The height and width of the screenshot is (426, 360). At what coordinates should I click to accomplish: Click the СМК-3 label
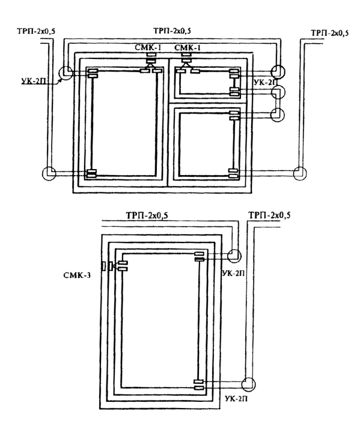click(x=77, y=275)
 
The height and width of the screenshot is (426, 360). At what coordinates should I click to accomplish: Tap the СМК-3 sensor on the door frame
click(x=107, y=266)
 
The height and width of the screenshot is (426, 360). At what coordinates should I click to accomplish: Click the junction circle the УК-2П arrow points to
click(x=66, y=73)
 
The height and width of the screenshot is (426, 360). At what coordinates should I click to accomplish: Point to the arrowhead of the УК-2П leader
click(x=61, y=79)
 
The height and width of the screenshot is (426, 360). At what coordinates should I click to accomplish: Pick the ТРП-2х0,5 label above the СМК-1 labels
click(x=172, y=31)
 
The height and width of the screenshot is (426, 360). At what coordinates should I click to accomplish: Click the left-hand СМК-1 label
click(x=148, y=48)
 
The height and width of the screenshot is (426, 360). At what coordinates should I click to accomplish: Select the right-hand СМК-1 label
click(x=188, y=48)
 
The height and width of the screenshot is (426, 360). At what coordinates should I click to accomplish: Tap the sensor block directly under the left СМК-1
click(x=151, y=58)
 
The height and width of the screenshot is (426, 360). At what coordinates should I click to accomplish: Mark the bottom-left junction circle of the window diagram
click(x=49, y=173)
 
